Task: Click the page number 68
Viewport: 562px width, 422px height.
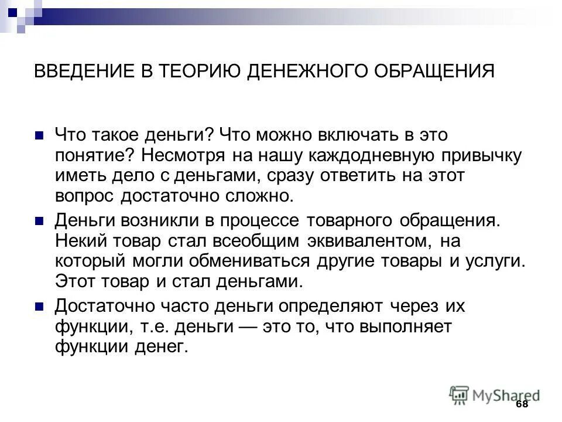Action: [522, 405]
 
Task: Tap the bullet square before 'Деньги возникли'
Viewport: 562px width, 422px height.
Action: [40, 221]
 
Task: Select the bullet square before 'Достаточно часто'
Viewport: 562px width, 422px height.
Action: [40, 307]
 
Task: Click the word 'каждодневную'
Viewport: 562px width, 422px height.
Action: [374, 156]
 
